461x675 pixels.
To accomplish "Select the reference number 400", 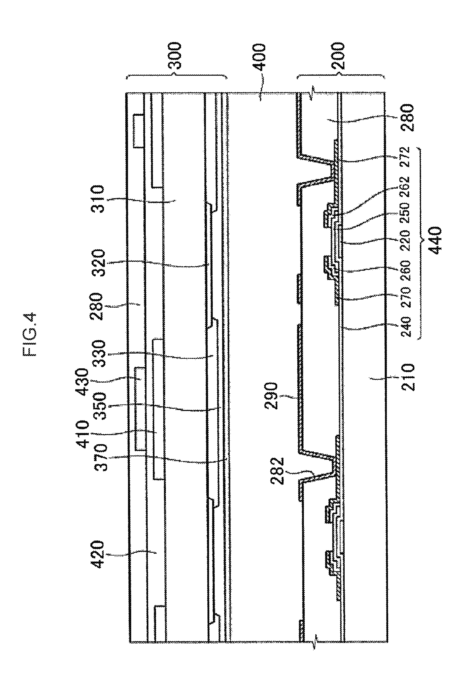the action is click(259, 57).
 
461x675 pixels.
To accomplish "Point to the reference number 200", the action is click(338, 56).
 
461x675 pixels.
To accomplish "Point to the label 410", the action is click(82, 434).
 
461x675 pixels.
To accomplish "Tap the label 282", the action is click(276, 471).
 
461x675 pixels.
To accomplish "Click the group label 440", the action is click(435, 240).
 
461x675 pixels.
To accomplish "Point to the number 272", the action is click(405, 157).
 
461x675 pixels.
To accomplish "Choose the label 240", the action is click(405, 327).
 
